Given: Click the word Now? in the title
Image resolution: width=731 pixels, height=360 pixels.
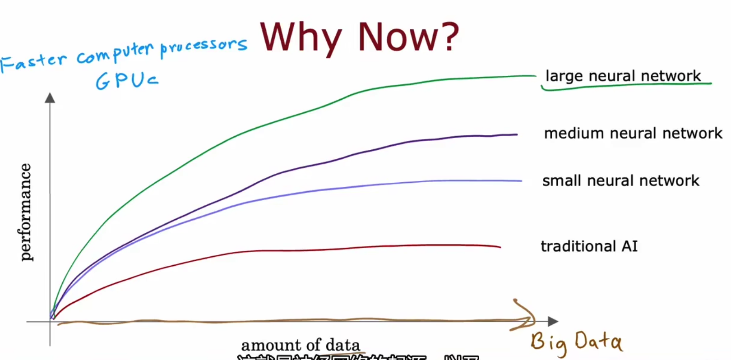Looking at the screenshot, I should [x=408, y=37].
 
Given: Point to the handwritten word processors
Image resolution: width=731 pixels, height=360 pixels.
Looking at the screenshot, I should [x=204, y=46].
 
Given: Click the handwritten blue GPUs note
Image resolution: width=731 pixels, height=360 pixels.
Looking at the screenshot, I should [x=127, y=81].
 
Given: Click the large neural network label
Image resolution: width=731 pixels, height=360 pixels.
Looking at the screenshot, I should [x=623, y=76].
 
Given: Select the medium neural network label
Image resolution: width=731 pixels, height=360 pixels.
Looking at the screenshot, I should [x=633, y=134].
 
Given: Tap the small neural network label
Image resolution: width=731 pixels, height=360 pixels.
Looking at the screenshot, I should [x=620, y=181].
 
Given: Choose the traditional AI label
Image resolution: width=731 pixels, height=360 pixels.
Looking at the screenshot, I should [x=589, y=246].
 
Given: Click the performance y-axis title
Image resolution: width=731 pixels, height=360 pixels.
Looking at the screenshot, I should [x=25, y=212].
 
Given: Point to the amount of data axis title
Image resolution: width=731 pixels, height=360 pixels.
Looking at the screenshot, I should [x=301, y=345].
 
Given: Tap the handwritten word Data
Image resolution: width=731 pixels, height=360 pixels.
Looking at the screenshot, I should [x=598, y=342].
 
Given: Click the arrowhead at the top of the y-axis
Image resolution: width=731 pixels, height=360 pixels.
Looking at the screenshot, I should [x=50, y=98].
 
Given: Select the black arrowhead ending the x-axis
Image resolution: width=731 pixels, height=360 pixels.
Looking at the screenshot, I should [x=553, y=321].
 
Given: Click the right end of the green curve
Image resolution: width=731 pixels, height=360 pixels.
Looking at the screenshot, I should [x=535, y=76].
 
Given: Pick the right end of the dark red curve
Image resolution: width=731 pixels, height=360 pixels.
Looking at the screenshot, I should [x=500, y=247].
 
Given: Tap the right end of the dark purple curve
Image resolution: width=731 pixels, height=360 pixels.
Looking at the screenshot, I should [x=517, y=134].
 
